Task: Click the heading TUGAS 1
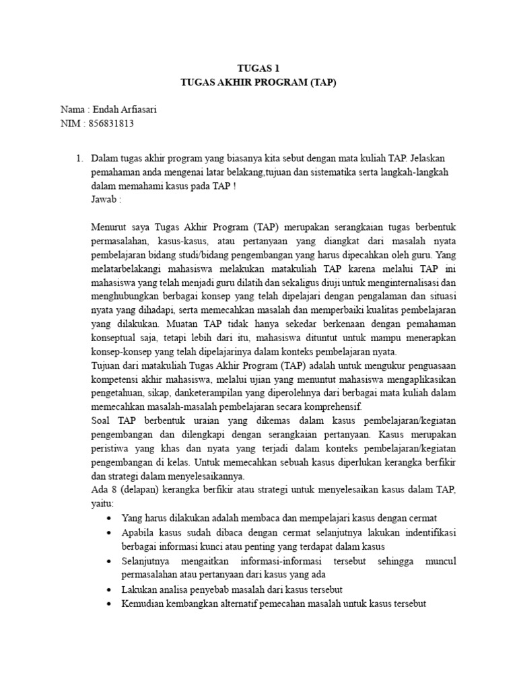(258, 68)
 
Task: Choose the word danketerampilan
(203, 396)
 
